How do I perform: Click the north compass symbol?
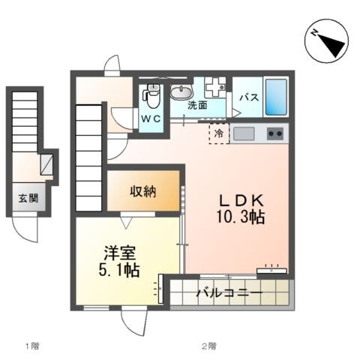click(328, 42)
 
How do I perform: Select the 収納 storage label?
click(142, 190)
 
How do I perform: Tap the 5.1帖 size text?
click(118, 271)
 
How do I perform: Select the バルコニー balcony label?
click(229, 292)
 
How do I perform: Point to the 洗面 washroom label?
click(197, 106)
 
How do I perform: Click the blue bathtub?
click(275, 97)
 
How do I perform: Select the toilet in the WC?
click(153, 95)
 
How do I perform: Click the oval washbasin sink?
click(181, 92)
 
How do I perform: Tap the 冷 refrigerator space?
click(219, 133)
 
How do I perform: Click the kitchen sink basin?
click(244, 133)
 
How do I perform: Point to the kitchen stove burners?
click(275, 133)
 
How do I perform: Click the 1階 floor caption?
click(31, 346)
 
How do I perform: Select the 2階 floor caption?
click(208, 346)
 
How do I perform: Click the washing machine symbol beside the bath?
click(215, 88)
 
